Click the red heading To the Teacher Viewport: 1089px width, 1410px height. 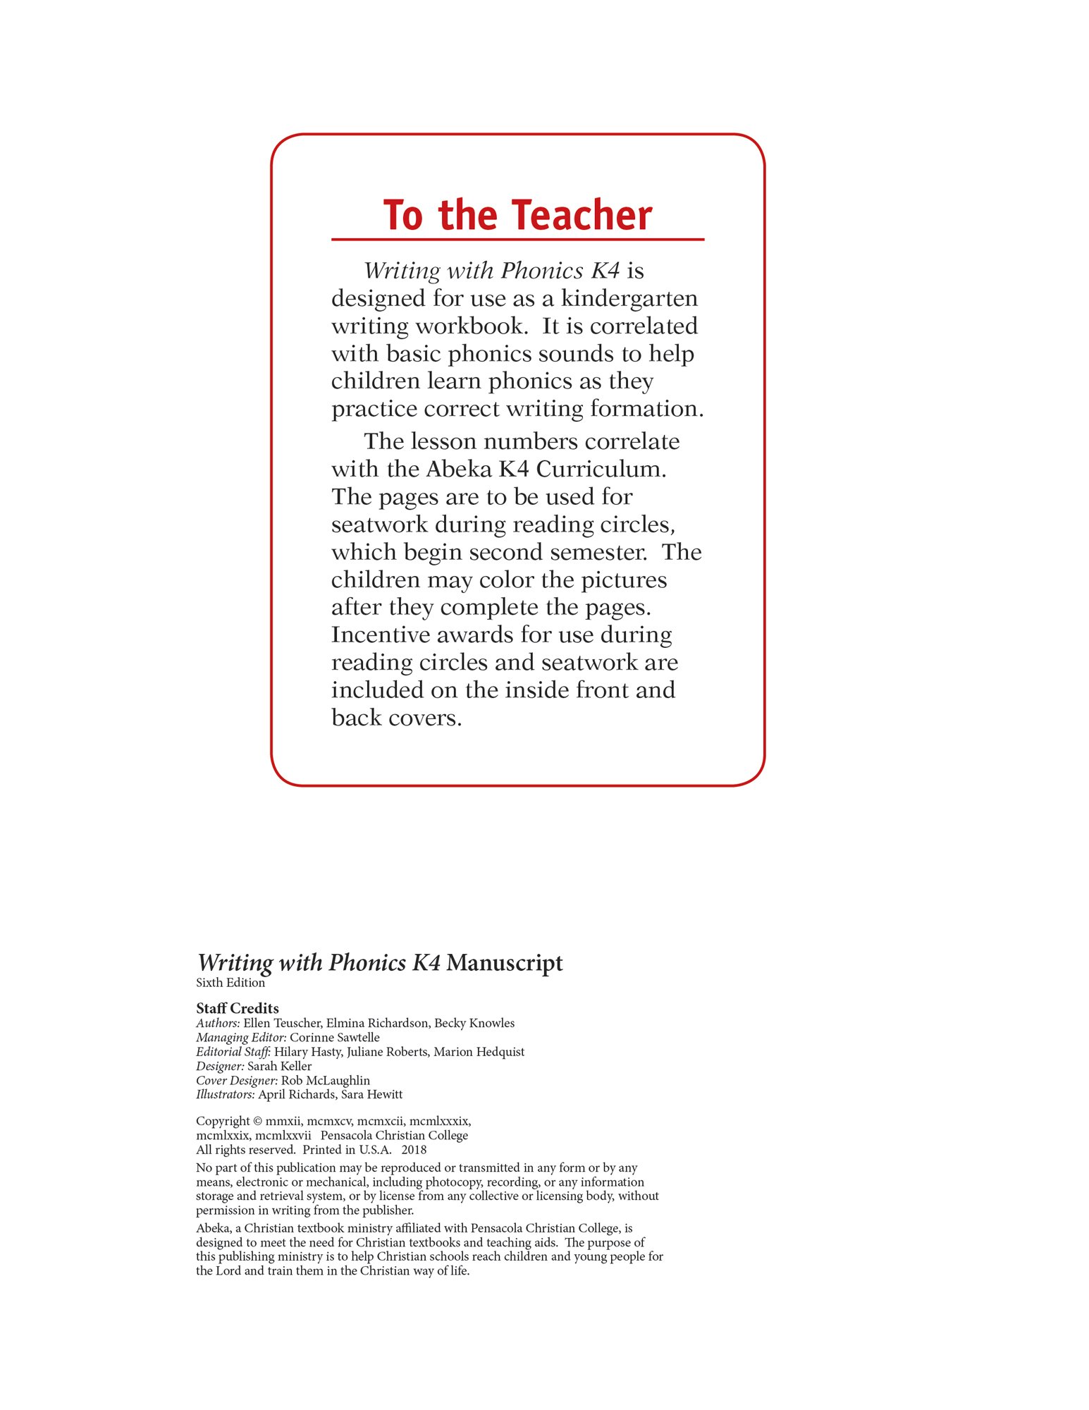tap(517, 215)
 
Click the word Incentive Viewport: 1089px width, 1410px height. tap(380, 634)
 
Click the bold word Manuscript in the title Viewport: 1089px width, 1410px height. tap(505, 962)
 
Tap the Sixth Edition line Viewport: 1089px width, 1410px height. tap(230, 982)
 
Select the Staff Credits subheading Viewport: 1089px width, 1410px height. tap(238, 1007)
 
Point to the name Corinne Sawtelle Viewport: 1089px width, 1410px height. tap(334, 1037)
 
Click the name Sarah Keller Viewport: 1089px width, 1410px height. tap(279, 1066)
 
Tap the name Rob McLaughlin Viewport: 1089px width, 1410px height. tap(325, 1080)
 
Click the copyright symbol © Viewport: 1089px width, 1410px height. tap(258, 1121)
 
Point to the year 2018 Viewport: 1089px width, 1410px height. tap(414, 1149)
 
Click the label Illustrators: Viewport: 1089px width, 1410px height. tap(225, 1094)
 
